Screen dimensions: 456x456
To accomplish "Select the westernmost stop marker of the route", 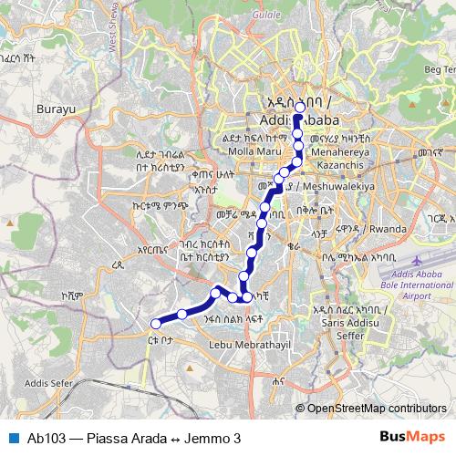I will (x=156, y=323).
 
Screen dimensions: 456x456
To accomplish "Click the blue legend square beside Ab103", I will (x=12, y=438).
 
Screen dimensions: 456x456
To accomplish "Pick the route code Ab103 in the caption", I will (x=46, y=438).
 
